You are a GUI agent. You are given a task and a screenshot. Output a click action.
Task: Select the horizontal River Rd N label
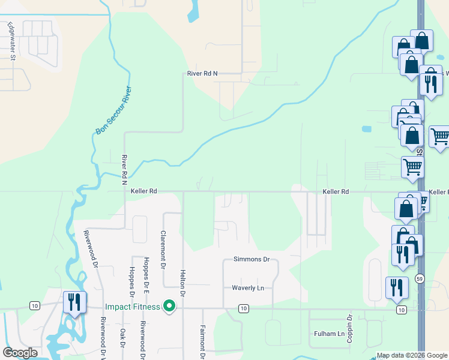202,74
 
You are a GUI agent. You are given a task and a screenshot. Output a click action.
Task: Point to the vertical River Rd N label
125,170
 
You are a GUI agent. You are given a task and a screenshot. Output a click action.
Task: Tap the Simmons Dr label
251,260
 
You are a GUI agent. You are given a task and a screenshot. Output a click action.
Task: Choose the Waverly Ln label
248,288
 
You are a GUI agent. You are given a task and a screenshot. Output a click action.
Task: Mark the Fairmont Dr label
202,343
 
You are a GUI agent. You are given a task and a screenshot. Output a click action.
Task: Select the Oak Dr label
122,337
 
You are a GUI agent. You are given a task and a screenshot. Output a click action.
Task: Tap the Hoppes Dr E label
146,273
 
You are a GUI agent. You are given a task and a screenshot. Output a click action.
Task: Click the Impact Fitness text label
132,307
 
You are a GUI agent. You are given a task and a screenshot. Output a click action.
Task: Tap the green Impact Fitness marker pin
169,307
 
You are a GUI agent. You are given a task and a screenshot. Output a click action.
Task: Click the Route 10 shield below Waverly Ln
243,308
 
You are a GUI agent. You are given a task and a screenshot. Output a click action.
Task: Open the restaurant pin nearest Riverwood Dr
74,301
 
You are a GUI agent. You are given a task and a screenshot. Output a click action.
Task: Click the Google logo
20,353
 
